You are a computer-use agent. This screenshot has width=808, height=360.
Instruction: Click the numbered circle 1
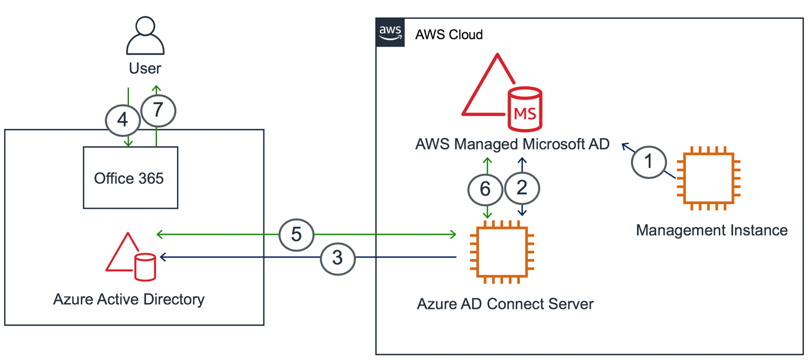click(x=649, y=162)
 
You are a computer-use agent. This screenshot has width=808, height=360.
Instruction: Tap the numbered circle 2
click(x=522, y=187)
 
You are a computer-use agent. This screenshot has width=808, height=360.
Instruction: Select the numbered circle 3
click(x=338, y=258)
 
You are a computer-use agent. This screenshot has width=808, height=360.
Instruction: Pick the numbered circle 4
click(x=122, y=120)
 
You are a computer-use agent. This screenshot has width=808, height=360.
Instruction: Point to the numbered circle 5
click(x=296, y=235)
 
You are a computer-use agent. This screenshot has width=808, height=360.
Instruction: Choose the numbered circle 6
click(x=485, y=189)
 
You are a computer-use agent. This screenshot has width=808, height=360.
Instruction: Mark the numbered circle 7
click(x=158, y=110)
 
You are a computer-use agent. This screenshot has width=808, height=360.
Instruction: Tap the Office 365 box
click(x=130, y=178)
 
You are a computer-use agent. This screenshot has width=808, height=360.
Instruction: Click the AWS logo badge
click(x=390, y=33)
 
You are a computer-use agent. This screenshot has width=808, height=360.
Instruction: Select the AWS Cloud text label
click(x=449, y=35)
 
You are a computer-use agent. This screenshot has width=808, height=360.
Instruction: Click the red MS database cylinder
click(x=524, y=109)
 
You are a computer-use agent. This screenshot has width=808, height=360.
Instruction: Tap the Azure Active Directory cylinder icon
click(x=145, y=266)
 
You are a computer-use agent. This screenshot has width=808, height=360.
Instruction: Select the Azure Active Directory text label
click(x=129, y=300)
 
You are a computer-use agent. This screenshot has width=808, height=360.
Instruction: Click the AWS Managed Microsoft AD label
click(x=512, y=144)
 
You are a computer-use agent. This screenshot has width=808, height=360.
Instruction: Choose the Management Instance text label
click(x=711, y=231)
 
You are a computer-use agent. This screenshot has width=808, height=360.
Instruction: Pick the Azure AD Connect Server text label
click(x=505, y=303)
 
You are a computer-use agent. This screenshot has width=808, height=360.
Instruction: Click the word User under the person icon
click(x=145, y=68)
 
